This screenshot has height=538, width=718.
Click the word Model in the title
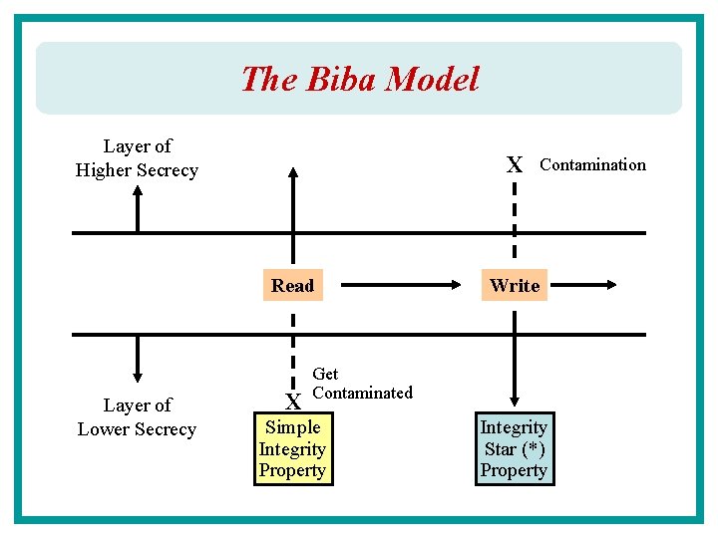tap(434, 79)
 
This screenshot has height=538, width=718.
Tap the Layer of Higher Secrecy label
tap(137, 158)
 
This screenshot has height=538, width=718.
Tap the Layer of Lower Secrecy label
tap(137, 417)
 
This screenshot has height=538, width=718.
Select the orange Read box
tap(292, 286)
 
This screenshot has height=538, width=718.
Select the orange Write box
tap(515, 286)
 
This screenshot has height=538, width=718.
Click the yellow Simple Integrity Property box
tap(292, 448)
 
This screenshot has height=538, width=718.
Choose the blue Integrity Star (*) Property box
tap(514, 448)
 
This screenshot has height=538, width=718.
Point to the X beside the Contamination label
tap(514, 165)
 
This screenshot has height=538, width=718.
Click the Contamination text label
tap(592, 164)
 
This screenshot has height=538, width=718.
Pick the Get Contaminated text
tap(361, 384)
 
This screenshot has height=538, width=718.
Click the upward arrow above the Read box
tap(292, 199)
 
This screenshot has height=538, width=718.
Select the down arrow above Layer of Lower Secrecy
tap(138, 359)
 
